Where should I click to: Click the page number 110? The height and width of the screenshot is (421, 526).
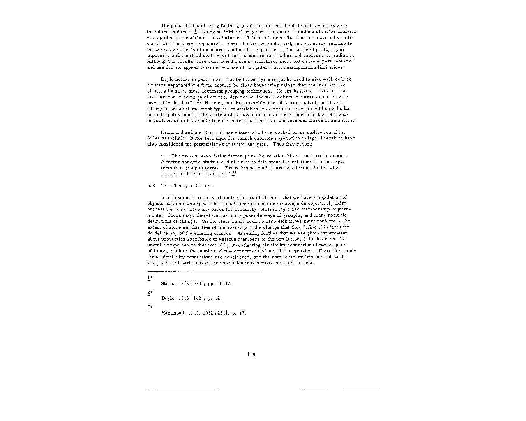point(251,354)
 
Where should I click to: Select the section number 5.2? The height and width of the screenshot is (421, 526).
point(151,185)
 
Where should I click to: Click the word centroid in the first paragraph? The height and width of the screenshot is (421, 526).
point(287,32)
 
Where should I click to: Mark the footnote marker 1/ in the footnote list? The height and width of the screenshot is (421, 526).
point(149,277)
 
